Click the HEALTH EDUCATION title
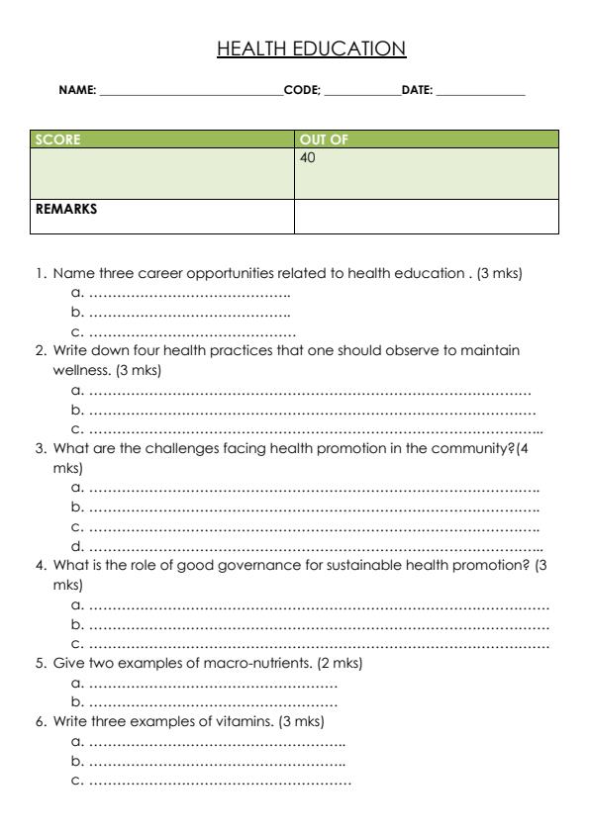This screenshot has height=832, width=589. [x=312, y=47]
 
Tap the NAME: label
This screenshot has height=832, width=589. [x=77, y=91]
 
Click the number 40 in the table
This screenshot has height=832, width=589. [x=307, y=156]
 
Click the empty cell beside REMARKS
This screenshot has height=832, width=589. [x=427, y=216]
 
